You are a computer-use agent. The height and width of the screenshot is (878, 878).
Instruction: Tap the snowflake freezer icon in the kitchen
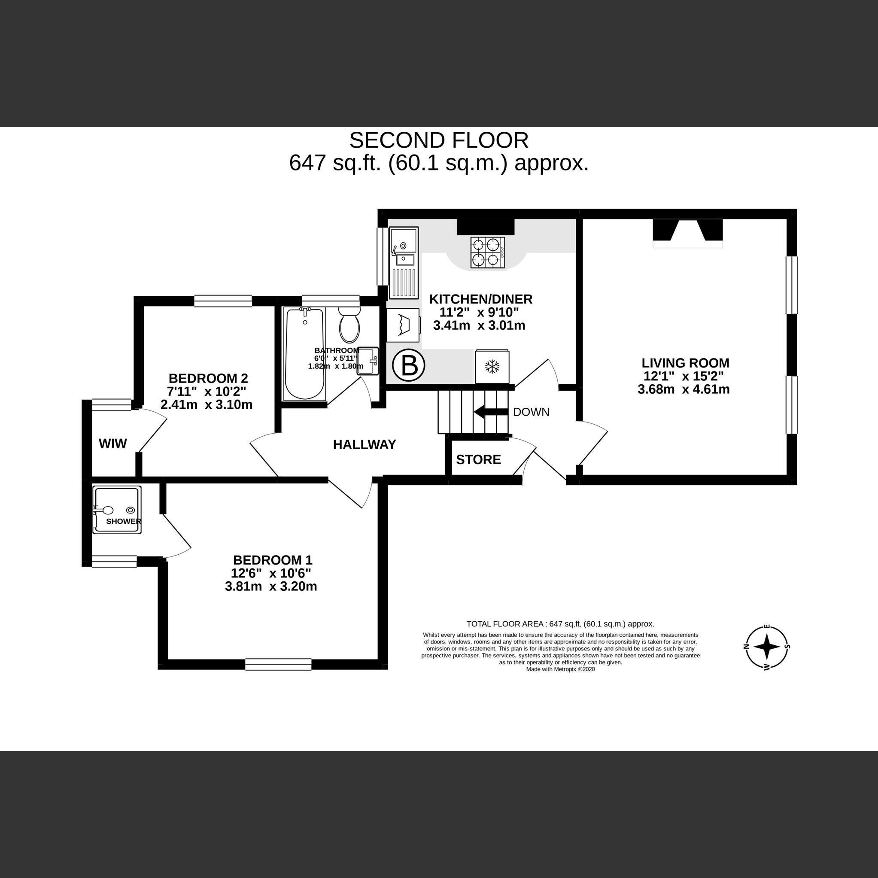point(492,367)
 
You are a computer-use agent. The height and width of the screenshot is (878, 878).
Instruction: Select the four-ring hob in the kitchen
point(488,253)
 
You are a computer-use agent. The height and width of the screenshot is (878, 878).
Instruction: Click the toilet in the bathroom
point(349,324)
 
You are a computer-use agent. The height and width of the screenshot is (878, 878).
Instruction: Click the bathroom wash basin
point(368,361)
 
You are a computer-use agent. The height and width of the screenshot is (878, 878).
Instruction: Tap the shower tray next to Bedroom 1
point(117,510)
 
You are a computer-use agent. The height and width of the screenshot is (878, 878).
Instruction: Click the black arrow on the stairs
point(490,412)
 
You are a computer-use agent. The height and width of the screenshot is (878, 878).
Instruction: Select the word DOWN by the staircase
point(531,412)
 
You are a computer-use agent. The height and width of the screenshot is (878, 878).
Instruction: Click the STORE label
point(478,460)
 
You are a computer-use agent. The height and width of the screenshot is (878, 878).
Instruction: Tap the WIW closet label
point(113,444)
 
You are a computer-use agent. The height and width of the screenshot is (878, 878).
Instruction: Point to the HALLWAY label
point(365,445)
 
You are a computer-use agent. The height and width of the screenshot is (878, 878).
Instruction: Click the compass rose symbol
point(767,647)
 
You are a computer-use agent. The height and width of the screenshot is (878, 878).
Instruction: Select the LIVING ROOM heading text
point(685,363)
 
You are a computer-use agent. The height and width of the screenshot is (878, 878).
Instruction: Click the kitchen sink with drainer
point(403,263)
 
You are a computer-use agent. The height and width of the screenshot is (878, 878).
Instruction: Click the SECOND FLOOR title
point(438,140)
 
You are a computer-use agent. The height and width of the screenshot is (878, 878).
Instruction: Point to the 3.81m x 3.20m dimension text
point(271,587)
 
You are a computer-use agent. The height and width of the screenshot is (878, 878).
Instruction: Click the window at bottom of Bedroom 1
point(278,665)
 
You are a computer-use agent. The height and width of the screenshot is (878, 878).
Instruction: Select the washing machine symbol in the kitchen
point(403,325)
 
